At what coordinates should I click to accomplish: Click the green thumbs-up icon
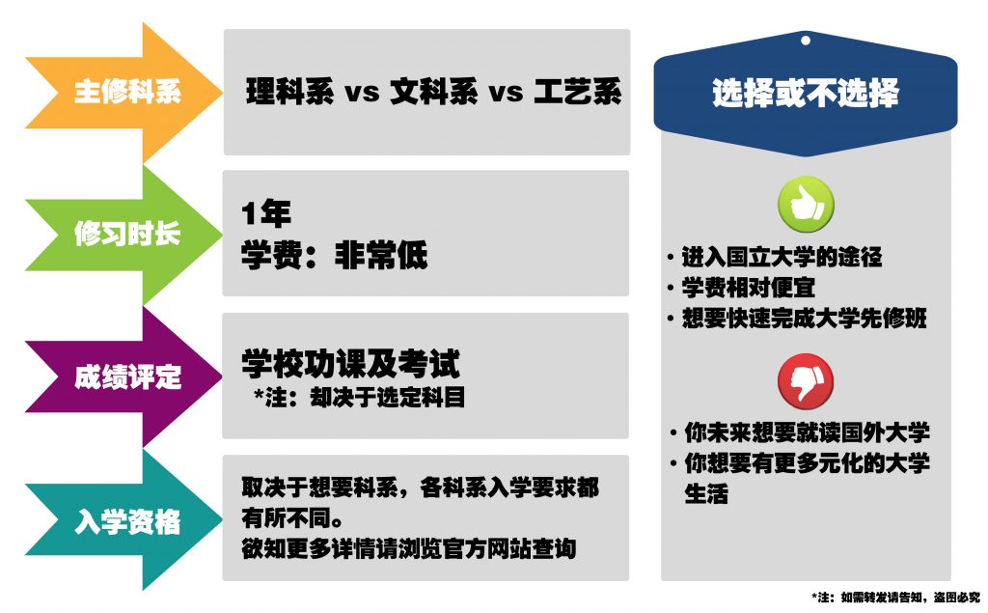pyautogui.click(x=806, y=204)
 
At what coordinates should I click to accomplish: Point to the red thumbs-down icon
pyautogui.click(x=806, y=381)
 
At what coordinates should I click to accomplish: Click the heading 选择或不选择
pyautogui.click(x=806, y=94)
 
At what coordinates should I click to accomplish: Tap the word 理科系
pyautogui.click(x=289, y=92)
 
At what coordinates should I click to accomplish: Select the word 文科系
pyautogui.click(x=433, y=92)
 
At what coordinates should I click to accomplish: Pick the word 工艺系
pyautogui.click(x=577, y=92)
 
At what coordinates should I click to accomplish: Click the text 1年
pyautogui.click(x=266, y=213)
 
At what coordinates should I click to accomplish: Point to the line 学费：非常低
pyautogui.click(x=334, y=256)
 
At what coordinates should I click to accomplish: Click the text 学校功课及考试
pyautogui.click(x=350, y=363)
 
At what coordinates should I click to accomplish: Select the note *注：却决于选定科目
pyautogui.click(x=359, y=398)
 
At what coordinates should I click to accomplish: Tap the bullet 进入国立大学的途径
pyautogui.click(x=782, y=258)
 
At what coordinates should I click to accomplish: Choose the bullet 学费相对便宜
pyautogui.click(x=748, y=288)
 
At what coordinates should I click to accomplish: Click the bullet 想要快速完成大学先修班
pyautogui.click(x=804, y=318)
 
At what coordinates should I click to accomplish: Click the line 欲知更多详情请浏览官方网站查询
pyautogui.click(x=408, y=548)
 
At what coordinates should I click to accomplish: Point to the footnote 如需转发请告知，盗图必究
pyautogui.click(x=910, y=597)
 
